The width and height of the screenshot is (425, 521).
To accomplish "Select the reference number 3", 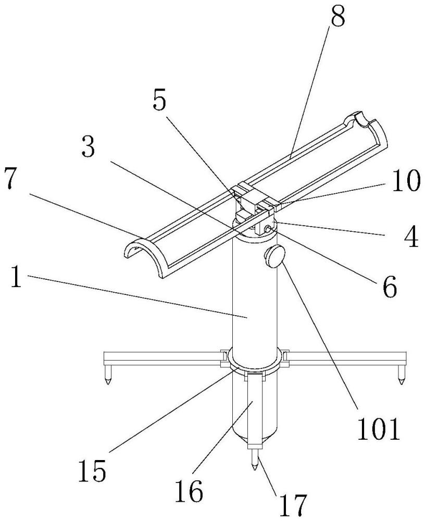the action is click(x=89, y=148).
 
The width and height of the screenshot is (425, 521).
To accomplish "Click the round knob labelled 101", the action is click(x=274, y=257).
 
